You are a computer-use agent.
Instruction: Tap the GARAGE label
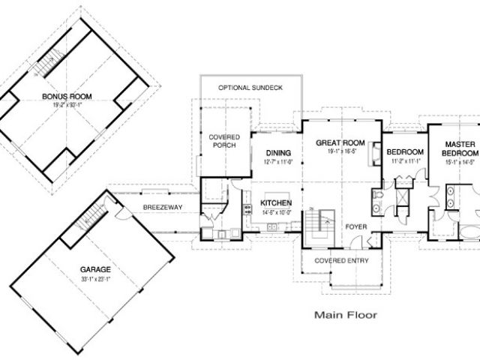(96, 268)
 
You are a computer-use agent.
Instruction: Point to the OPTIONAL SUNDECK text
(250, 88)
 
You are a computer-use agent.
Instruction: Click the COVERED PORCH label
(224, 140)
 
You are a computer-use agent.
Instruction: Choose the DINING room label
(278, 153)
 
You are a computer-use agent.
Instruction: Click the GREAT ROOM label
(339, 142)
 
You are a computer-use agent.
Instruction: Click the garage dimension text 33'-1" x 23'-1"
(96, 279)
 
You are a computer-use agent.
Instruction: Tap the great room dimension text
(339, 151)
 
